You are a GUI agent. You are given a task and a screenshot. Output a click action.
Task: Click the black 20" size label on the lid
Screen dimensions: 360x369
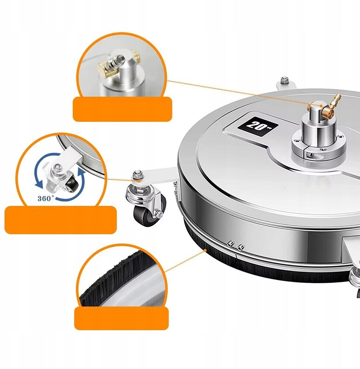tap(258, 126)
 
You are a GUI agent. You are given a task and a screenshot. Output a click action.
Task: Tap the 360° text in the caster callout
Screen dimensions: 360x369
tap(46, 199)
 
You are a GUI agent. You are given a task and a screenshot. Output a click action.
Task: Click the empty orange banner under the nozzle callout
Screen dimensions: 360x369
tap(123, 109)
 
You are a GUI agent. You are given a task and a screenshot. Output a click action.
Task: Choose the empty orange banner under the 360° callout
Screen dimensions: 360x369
tap(61, 220)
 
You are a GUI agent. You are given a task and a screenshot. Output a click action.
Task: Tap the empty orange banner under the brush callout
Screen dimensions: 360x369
tap(121, 318)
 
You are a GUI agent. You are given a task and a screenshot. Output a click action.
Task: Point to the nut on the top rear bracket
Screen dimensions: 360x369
tap(285, 80)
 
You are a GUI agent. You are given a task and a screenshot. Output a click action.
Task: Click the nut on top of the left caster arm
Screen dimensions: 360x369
tap(136, 175)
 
